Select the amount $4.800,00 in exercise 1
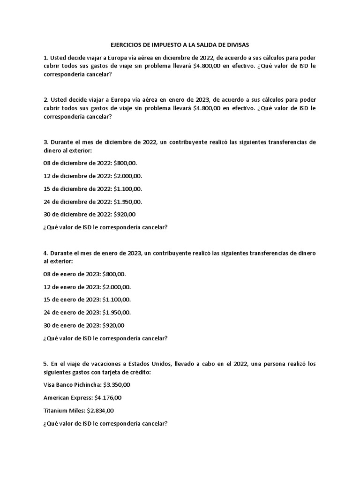206,66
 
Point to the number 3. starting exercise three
46,142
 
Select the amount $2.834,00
100,411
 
